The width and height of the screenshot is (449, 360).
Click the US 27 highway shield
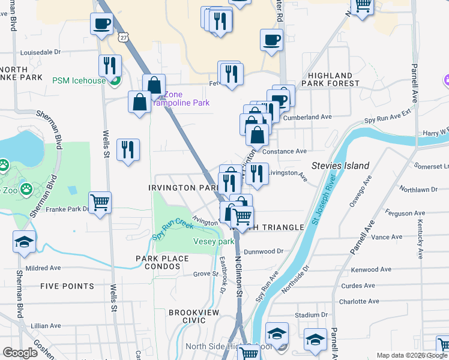pos(122,37)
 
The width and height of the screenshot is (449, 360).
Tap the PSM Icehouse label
pos(79,80)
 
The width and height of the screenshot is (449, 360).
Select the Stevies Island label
pos(340,165)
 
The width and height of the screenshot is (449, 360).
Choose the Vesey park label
pos(213,241)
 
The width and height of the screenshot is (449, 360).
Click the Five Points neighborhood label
pos(67,286)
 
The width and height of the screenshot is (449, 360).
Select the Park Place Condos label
pos(162,263)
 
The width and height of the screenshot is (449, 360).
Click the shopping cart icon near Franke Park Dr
pos(100,202)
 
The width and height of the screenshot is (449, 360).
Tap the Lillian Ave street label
pos(46,325)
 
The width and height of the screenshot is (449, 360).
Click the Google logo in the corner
pos(20,352)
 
